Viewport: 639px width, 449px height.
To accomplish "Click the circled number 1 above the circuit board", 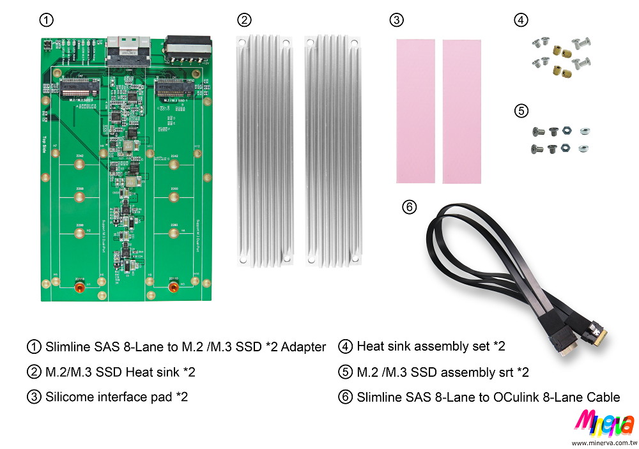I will (x=46, y=20).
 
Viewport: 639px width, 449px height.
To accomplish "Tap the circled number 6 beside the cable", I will (x=410, y=207).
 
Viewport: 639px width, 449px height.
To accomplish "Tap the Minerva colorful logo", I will (x=604, y=423).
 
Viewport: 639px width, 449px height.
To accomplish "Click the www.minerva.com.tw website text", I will (x=604, y=442).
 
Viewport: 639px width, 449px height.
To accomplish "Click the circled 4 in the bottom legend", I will (x=346, y=347).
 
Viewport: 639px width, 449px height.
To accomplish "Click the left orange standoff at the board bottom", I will (x=79, y=287).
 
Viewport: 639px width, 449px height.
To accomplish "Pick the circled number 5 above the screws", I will (x=521, y=110).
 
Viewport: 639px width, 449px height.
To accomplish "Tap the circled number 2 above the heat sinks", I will (x=244, y=20).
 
